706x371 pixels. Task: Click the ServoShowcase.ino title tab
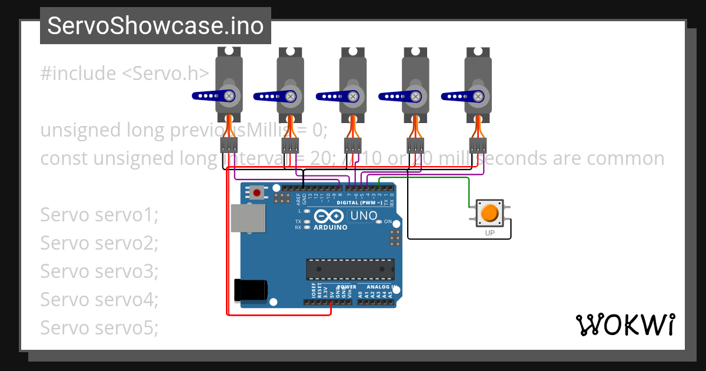click(155, 26)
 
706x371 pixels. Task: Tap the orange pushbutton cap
click(489, 213)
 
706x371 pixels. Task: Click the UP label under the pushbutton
click(489, 233)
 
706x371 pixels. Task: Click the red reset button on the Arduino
click(257, 192)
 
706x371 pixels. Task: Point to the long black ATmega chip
click(350, 269)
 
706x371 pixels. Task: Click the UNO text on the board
click(364, 216)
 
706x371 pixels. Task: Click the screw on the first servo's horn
click(229, 95)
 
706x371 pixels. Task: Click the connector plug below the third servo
click(353, 145)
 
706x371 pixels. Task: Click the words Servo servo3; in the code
click(99, 271)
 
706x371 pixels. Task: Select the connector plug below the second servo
click(291, 145)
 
